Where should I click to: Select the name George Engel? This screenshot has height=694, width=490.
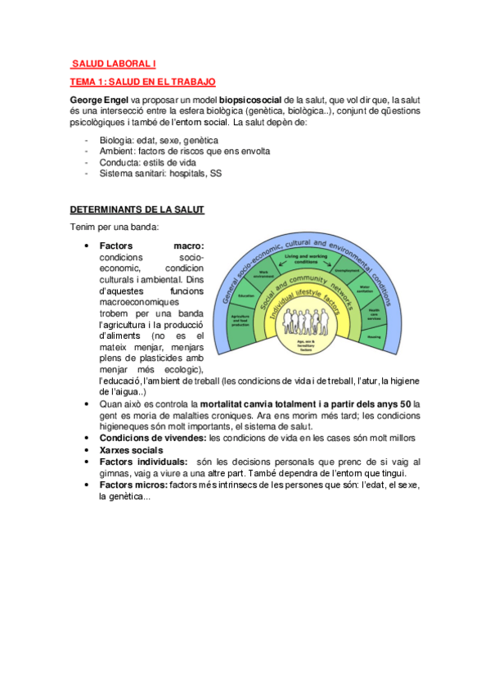(101, 98)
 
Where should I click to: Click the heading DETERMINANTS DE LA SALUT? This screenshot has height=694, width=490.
(137, 210)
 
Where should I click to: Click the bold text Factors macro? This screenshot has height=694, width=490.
(151, 246)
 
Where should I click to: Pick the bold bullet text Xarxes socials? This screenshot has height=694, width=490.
(131, 450)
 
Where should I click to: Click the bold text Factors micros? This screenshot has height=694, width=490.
(133, 485)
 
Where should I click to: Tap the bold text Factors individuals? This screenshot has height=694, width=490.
(143, 462)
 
